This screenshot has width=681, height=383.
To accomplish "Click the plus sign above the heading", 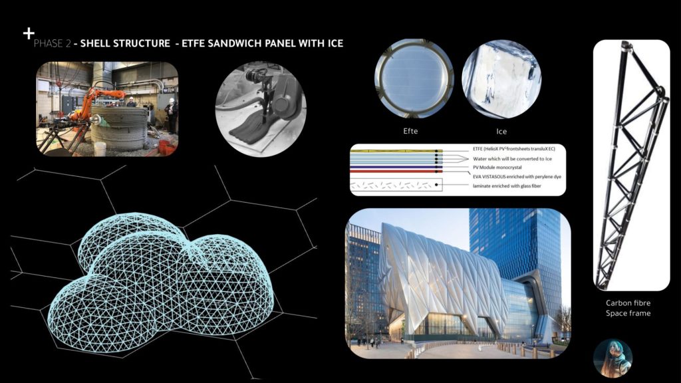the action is pyautogui.click(x=29, y=33).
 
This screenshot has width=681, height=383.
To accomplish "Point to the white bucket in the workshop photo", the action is pyautogui.click(x=100, y=149).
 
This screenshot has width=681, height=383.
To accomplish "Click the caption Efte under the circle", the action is pyautogui.click(x=410, y=131).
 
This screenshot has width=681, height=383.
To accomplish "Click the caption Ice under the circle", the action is pyautogui.click(x=501, y=131).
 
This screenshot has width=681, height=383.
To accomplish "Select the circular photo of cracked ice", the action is pyautogui.click(x=501, y=80).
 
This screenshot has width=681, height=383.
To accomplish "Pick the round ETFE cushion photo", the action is pyautogui.click(x=414, y=78).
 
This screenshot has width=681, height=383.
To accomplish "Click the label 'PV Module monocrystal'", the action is pyautogui.click(x=497, y=167).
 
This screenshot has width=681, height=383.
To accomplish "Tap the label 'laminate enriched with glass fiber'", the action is pyautogui.click(x=507, y=186).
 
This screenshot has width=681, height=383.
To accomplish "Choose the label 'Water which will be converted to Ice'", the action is pyautogui.click(x=513, y=159).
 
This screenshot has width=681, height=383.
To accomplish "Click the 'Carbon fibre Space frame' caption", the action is pyautogui.click(x=628, y=309).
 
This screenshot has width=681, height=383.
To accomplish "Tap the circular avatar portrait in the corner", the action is pyautogui.click(x=613, y=358).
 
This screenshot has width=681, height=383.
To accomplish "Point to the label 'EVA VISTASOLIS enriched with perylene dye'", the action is pyautogui.click(x=517, y=177).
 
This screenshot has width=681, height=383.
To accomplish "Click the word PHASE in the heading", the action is pyautogui.click(x=49, y=43).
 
